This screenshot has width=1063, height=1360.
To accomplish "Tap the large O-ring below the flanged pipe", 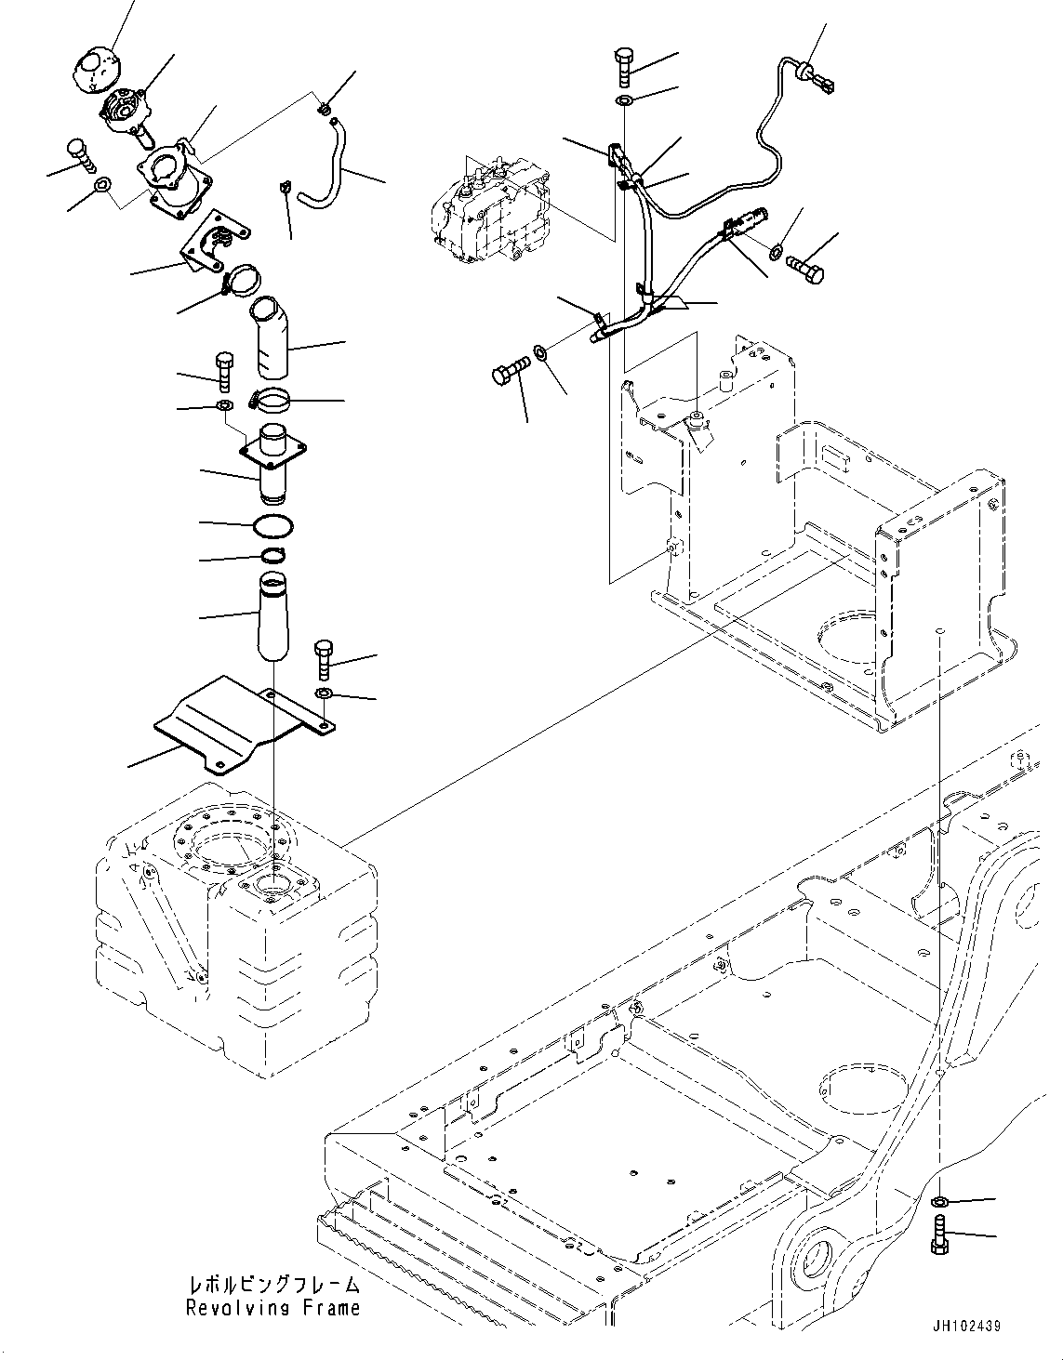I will (x=272, y=525).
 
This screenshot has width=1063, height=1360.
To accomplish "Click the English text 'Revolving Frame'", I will (x=272, y=1309).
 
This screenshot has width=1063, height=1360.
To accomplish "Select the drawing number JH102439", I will (x=963, y=1327).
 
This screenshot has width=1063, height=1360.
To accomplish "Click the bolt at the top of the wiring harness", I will (x=623, y=66).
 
